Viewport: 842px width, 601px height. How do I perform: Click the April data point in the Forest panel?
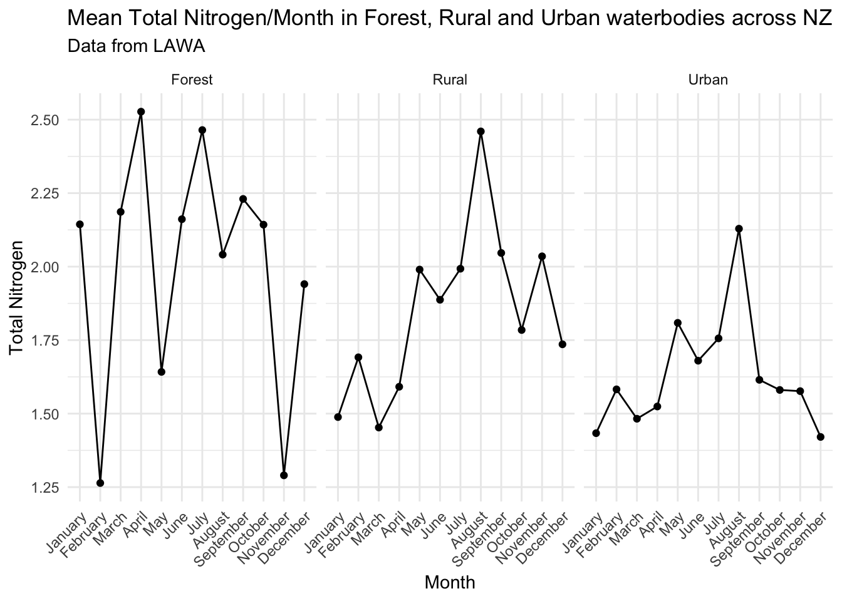click(x=141, y=112)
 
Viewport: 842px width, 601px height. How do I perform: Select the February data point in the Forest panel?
click(x=100, y=483)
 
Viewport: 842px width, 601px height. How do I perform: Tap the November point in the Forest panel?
click(x=284, y=475)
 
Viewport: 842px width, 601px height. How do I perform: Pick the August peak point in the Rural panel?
click(x=481, y=131)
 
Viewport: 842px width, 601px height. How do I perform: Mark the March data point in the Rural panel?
click(x=378, y=428)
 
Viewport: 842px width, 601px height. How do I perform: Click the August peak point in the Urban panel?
click(x=739, y=229)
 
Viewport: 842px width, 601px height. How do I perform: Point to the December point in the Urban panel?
click(x=820, y=437)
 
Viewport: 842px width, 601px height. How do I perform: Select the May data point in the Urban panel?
click(x=677, y=323)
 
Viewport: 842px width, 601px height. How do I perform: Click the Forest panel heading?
click(x=192, y=80)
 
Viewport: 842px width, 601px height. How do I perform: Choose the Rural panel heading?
click(x=449, y=80)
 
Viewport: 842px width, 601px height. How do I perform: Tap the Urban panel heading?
click(x=708, y=80)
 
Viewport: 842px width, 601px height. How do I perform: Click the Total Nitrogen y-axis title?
click(x=17, y=297)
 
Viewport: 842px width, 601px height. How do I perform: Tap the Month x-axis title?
click(x=449, y=583)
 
